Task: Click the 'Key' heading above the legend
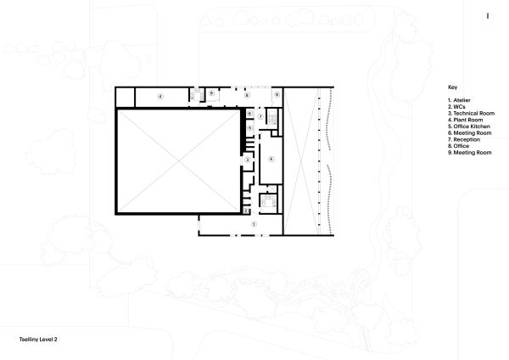[x=451, y=87]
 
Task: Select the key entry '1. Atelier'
[x=460, y=101]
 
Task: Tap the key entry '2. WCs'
[x=458, y=107]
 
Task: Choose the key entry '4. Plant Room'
[x=464, y=120]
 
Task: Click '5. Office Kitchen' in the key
[x=467, y=127]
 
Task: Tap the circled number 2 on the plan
[x=245, y=209]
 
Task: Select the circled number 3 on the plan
[x=248, y=159]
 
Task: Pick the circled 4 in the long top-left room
[x=159, y=98]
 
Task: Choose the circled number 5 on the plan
[x=249, y=127]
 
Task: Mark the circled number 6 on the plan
[x=249, y=113]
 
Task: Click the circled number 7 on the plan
[x=261, y=115]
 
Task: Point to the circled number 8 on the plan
[x=248, y=96]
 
